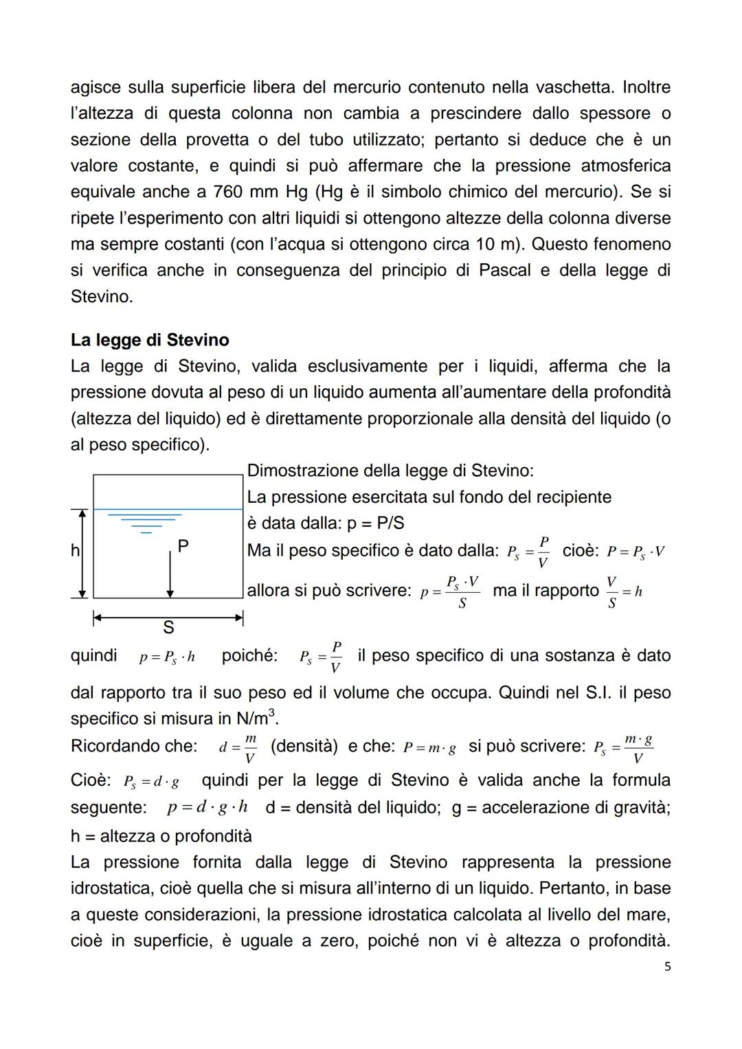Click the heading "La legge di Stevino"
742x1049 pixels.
[150, 340]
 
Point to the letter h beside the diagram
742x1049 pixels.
[75, 551]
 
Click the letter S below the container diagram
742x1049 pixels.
[168, 628]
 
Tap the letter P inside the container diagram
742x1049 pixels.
[183, 546]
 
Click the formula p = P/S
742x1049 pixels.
[375, 523]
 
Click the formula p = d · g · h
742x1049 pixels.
[207, 807]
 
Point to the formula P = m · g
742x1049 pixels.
[429, 748]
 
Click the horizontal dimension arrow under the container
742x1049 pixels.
[168, 618]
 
